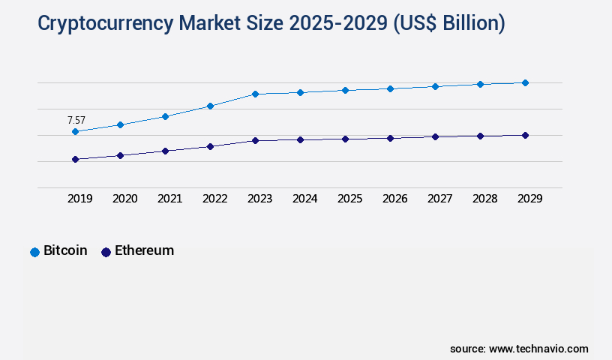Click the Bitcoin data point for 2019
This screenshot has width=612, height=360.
75,131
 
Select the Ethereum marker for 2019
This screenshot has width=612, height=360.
75,159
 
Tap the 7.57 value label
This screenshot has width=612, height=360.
76,120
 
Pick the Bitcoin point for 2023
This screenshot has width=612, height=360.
255,94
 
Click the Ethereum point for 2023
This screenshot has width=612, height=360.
255,140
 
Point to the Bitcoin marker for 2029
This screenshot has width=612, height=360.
525,82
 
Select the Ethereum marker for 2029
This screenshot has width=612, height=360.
525,135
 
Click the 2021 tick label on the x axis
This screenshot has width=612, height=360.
169,199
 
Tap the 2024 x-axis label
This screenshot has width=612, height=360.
304,199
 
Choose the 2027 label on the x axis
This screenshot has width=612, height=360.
439,199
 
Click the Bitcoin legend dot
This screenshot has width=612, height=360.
34,252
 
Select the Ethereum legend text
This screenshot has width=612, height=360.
144,250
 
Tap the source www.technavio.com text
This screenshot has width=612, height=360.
519,349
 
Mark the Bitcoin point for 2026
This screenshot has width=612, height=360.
390,88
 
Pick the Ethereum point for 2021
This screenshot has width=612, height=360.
165,151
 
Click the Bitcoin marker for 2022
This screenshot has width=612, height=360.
210,106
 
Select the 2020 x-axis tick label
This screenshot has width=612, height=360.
124,199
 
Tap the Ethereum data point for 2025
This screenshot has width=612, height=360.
345,139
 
